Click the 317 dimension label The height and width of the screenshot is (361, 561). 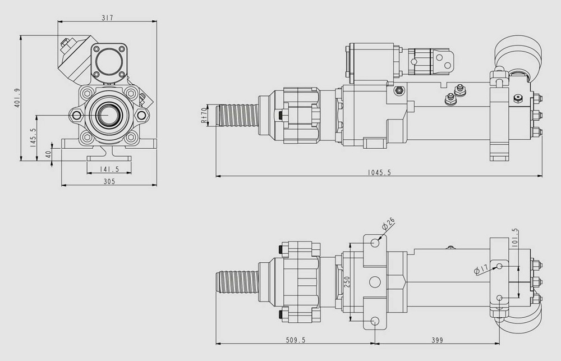107,17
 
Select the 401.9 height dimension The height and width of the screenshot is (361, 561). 17,98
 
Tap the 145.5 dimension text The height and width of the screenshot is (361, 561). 33,138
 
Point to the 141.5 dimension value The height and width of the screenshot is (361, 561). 109,169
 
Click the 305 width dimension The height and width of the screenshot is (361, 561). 109,181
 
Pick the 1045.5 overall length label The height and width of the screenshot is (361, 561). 379,172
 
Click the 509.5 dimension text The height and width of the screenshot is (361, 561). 296,340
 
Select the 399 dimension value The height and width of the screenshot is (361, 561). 437,340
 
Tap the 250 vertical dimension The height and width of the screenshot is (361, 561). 347,282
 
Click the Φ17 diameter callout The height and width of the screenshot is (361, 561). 481,269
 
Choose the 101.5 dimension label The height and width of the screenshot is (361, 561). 515,238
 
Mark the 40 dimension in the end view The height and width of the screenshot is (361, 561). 48,154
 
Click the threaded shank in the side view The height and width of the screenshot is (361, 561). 237,115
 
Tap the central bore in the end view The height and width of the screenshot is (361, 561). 106,115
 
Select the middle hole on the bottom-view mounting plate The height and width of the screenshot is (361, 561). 375,282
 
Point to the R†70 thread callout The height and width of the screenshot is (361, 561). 204,116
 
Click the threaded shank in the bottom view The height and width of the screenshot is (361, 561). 237,282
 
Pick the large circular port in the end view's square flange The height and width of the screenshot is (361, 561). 109,61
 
